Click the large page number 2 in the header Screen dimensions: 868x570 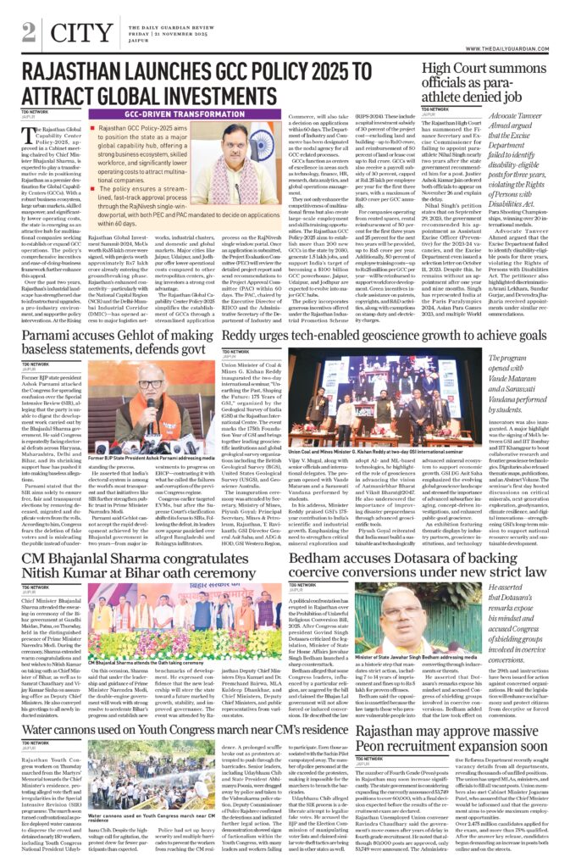[29, 32]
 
